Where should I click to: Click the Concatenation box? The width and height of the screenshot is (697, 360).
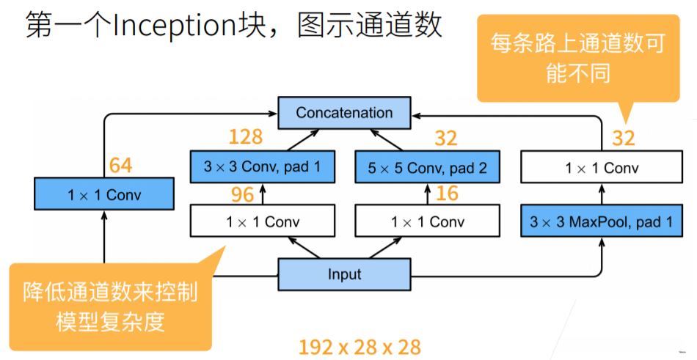[344, 113]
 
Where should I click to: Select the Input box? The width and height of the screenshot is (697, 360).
[344, 274]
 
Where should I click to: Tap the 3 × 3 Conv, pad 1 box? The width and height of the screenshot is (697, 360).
[262, 168]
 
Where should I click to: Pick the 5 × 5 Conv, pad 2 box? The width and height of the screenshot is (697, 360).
[426, 168]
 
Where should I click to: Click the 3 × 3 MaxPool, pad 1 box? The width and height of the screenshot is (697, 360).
[601, 221]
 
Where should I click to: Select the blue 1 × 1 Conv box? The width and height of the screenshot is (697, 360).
[104, 195]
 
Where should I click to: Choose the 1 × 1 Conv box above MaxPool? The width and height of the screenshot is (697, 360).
[601, 168]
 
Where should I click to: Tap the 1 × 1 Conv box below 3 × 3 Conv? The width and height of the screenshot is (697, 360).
[262, 221]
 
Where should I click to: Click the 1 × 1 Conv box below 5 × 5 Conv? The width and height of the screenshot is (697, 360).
[426, 221]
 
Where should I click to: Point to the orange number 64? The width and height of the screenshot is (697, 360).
[120, 165]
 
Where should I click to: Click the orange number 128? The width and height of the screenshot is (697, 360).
[246, 137]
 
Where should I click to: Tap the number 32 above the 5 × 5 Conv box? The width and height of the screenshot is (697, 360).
[445, 137]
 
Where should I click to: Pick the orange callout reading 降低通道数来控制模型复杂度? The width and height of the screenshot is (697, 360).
[110, 306]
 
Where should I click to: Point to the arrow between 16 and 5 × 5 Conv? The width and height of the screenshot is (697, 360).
[426, 194]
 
